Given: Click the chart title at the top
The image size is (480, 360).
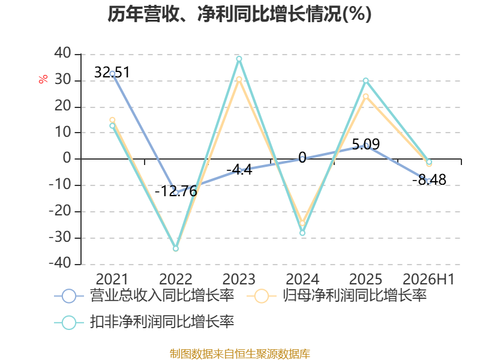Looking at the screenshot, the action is point(239,14).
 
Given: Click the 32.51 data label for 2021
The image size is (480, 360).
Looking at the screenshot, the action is point(112,72).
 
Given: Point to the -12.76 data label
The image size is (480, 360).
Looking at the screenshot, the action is point(176,191).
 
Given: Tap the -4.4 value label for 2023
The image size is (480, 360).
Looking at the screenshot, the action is point(239,170).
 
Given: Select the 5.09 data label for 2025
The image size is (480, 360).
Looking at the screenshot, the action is point(366,144).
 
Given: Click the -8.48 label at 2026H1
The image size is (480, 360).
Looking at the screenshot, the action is point(429,179).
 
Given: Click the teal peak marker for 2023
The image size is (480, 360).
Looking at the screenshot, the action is point(239,59).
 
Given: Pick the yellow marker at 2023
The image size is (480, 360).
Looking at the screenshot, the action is point(239,80).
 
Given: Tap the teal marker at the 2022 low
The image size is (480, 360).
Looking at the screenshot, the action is point(176,248).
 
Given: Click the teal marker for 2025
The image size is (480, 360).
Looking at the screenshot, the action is point(366,80).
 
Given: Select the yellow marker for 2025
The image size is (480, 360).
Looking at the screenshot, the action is point(366,97).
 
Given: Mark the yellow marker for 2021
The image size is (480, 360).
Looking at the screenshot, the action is point(112,120).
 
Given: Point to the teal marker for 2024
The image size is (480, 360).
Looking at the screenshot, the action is point(302,233).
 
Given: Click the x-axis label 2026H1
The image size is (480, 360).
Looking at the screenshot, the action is point(428,279).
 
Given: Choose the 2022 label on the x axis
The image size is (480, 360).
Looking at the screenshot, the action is point(176,279).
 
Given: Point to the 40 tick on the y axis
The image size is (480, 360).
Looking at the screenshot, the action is point(63,53).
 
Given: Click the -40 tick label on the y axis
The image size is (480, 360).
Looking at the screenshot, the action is point(60,263).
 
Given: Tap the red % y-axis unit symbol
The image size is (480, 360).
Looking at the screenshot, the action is point(43,79).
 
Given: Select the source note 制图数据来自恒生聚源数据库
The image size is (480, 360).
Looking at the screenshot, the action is point(240,354).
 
